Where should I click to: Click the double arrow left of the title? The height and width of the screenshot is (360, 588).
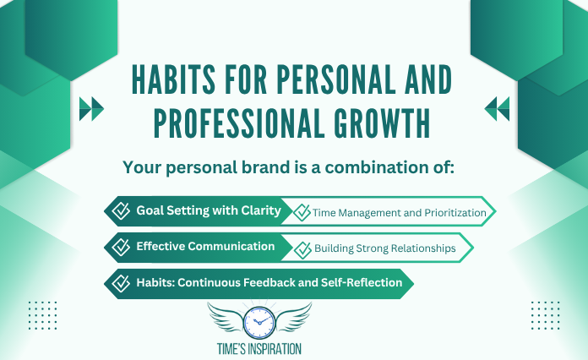tap(90, 107)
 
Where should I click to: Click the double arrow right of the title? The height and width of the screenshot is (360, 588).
tap(497, 107)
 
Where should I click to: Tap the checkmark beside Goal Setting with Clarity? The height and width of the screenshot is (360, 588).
tap(122, 210)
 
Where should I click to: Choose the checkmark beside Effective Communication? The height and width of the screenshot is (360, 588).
tap(122, 247)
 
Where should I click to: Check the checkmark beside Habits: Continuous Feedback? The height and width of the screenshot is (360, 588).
tap(122, 282)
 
